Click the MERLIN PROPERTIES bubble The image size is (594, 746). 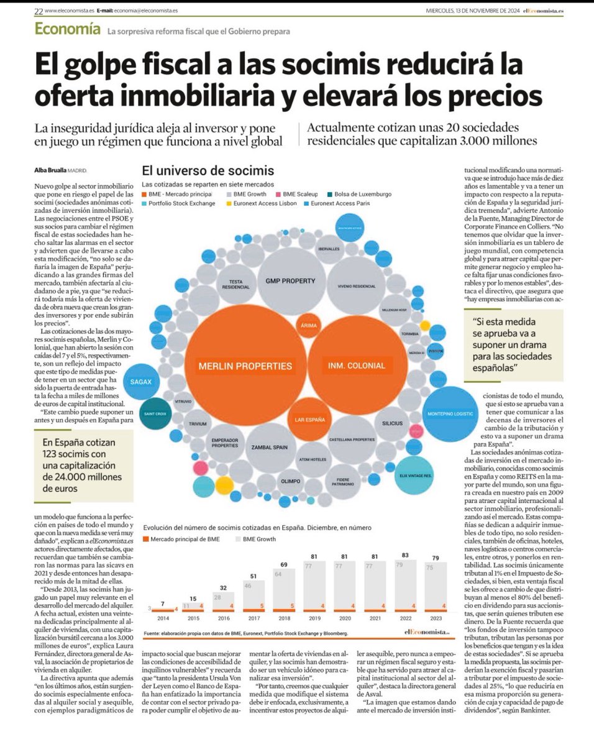point(245,366)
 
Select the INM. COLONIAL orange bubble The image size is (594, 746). point(357,366)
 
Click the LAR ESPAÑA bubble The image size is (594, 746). point(309,420)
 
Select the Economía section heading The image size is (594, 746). point(67,29)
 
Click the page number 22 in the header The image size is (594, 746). point(39,11)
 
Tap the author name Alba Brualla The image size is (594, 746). point(51,170)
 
